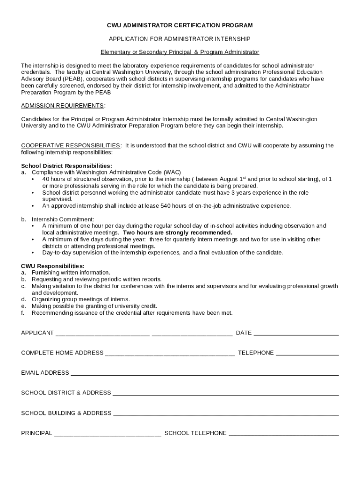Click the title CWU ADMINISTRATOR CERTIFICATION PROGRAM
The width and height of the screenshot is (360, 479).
coord(180,25)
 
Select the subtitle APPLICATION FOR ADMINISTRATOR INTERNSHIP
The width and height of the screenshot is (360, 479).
coord(180,39)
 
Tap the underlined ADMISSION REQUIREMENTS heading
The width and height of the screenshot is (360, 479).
coord(62,106)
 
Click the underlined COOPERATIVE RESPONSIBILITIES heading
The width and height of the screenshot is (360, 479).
coord(71,145)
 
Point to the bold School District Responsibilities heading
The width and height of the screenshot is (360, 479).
coord(66,166)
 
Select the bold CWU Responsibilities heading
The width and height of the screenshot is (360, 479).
coord(52,266)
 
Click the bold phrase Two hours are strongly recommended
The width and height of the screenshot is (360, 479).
coord(177,232)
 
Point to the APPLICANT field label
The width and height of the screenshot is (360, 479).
coord(37,333)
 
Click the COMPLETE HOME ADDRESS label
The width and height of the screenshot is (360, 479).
coord(62,353)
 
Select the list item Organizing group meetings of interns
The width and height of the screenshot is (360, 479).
coord(80,299)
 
